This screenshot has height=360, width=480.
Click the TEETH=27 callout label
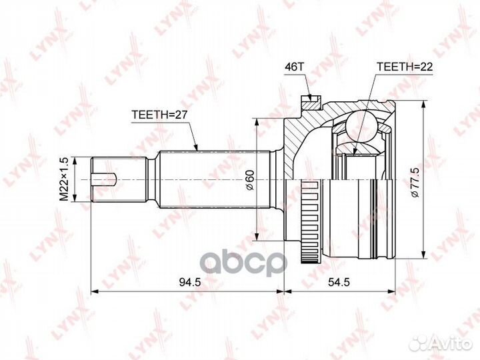click(159, 115)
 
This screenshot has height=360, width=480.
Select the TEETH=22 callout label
click(405, 67)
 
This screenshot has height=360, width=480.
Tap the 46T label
click(294, 67)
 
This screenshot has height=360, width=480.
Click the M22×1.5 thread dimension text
click(65, 179)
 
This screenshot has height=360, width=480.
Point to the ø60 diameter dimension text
click(250, 180)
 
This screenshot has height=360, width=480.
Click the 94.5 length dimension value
click(190, 282)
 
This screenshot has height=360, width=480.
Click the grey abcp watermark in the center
click(245, 263)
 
